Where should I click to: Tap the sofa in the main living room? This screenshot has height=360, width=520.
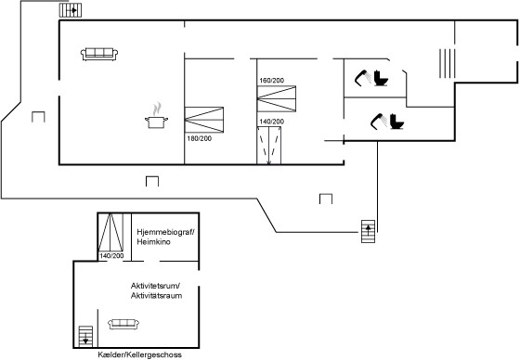[99, 54]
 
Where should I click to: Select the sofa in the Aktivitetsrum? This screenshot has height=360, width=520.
[123, 324]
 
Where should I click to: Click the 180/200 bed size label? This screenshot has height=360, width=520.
[200, 138]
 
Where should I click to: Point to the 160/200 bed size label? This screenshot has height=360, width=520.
[271, 80]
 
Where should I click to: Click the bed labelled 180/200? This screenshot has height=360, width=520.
[204, 120]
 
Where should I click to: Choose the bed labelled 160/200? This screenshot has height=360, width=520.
[277, 98]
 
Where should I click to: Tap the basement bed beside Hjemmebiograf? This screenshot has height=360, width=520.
[110, 232]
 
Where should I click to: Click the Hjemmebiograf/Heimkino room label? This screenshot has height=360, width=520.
[165, 237]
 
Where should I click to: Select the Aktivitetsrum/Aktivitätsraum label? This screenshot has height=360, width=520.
[156, 290]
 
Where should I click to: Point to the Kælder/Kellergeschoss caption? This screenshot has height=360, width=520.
[139, 354]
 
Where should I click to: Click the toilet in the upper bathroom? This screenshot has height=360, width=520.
[381, 78]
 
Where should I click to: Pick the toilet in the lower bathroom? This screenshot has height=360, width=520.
[396, 122]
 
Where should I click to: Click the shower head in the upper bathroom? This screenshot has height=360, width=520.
[362, 78]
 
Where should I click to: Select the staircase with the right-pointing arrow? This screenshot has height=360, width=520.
[71, 10]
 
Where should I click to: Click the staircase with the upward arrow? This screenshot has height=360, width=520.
[368, 231]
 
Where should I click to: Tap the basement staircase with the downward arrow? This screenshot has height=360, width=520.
[85, 337]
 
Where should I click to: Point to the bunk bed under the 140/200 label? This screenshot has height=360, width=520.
[269, 145]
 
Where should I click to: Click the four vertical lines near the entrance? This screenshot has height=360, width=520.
[447, 63]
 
